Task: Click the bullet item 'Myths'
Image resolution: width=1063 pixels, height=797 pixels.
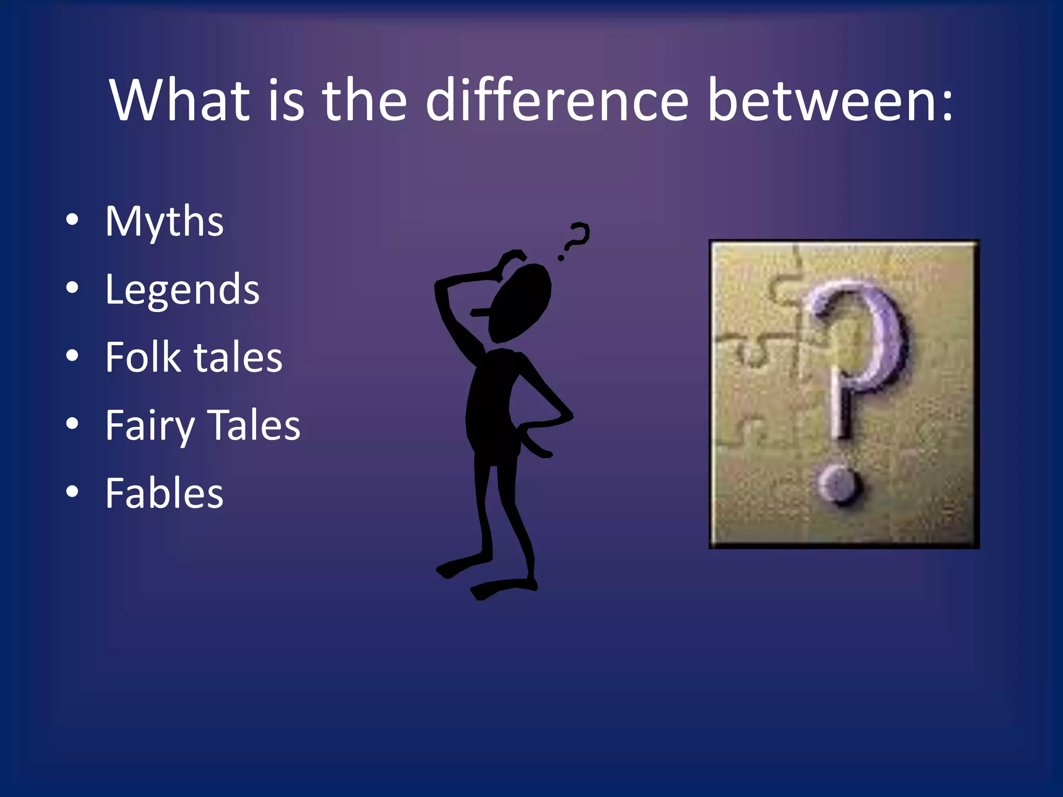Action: (164, 222)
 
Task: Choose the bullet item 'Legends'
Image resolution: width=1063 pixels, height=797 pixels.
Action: (182, 290)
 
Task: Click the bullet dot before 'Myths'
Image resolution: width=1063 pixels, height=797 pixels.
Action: (72, 220)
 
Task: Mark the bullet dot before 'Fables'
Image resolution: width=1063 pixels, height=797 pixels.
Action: (72, 491)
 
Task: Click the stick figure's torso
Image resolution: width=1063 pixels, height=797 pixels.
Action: (493, 405)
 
